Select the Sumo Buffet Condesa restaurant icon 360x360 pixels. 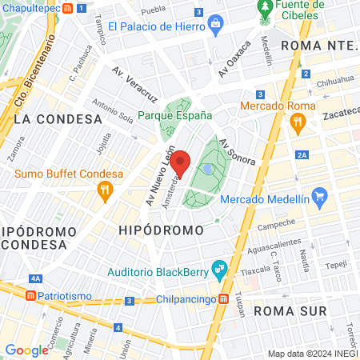tap(103, 190)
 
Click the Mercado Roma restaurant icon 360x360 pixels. tap(298, 122)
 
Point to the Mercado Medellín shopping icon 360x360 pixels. tap(319, 195)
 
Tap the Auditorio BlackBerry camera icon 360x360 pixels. tap(217, 268)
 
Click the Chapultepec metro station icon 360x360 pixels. tap(69, 9)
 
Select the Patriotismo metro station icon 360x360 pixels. tap(30, 295)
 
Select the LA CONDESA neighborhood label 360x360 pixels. tap(58, 119)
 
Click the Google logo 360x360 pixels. tap(26, 350)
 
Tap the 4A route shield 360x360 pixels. tap(36, 278)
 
